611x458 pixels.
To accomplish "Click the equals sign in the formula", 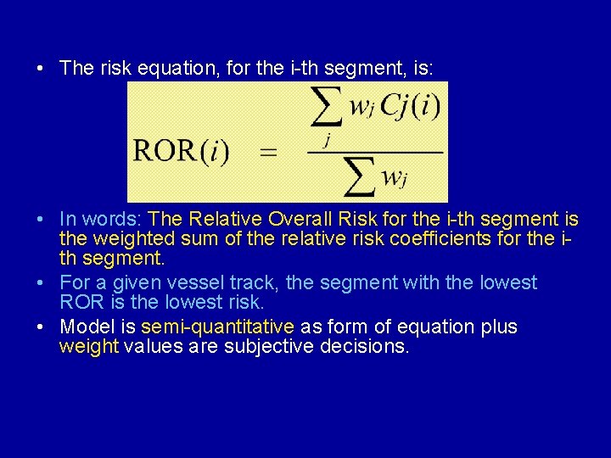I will pyautogui.click(x=268, y=154).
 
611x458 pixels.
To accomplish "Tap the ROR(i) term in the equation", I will pyautogui.click(x=181, y=153).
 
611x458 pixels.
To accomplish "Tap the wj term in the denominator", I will pyautogui.click(x=393, y=177).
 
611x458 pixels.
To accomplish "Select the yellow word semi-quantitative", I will pyautogui.click(x=217, y=327).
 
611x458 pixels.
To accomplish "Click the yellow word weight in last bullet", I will pyautogui.click(x=89, y=347).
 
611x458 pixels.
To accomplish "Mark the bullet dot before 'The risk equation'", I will pyautogui.click(x=40, y=69).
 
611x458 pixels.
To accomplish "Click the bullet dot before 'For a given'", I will pyautogui.click(x=40, y=282).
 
